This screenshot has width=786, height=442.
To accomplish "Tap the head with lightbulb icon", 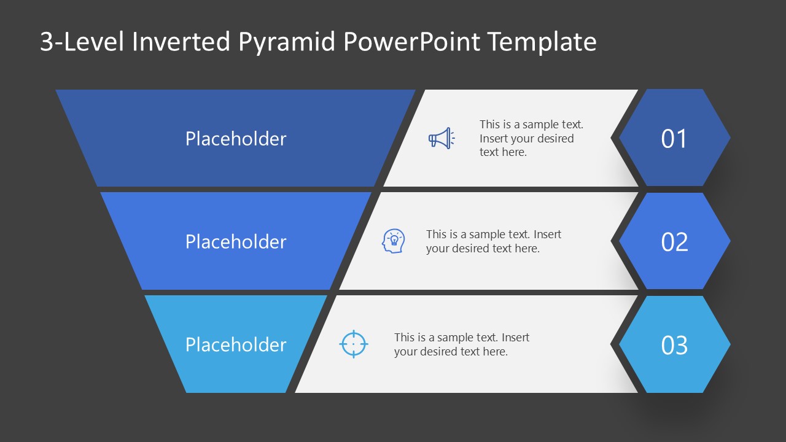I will click(394, 241).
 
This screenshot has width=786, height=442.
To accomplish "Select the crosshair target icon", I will click(354, 344).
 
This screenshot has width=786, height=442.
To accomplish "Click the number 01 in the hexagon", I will click(674, 139).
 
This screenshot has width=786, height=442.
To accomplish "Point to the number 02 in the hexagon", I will click(674, 242).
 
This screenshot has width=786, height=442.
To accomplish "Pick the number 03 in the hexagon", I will click(674, 345).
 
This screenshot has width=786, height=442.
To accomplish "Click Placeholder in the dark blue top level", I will click(236, 139).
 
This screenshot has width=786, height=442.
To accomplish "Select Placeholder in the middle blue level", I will click(236, 242).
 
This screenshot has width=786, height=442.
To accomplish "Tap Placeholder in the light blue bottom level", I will click(236, 345).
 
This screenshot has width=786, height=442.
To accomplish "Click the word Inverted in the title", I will click(181, 42).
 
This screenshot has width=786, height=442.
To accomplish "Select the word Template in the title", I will click(542, 42).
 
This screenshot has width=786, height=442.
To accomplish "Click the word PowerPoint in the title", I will click(413, 42).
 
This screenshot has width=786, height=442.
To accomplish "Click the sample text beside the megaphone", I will click(531, 139).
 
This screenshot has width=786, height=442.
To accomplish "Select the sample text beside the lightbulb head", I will click(493, 241).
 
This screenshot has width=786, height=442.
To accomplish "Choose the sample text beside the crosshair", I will click(461, 344).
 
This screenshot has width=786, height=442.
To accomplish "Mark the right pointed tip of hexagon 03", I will click(730, 345).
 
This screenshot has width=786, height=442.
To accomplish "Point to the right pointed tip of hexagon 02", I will click(730, 242).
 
